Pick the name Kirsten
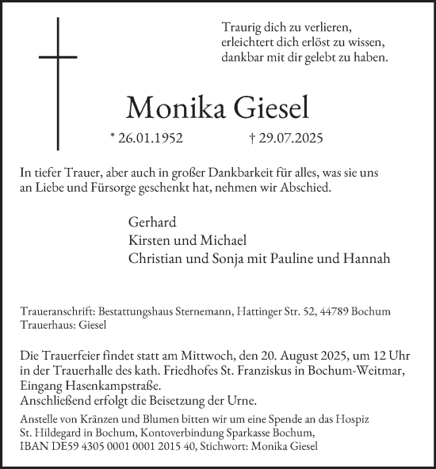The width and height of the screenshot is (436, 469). [148, 239]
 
